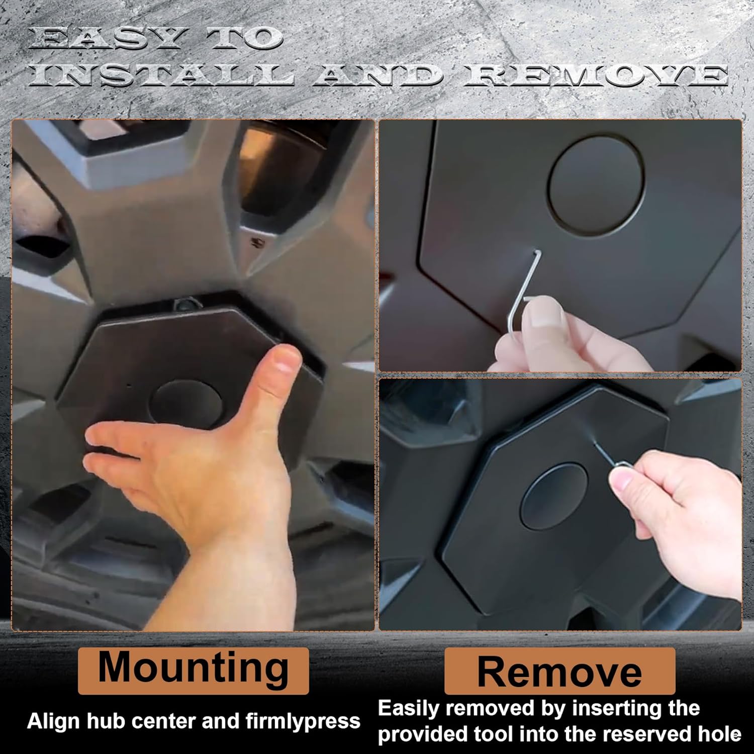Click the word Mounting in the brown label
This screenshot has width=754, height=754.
click(x=194, y=668)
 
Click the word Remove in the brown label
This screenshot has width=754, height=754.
click(x=559, y=672)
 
